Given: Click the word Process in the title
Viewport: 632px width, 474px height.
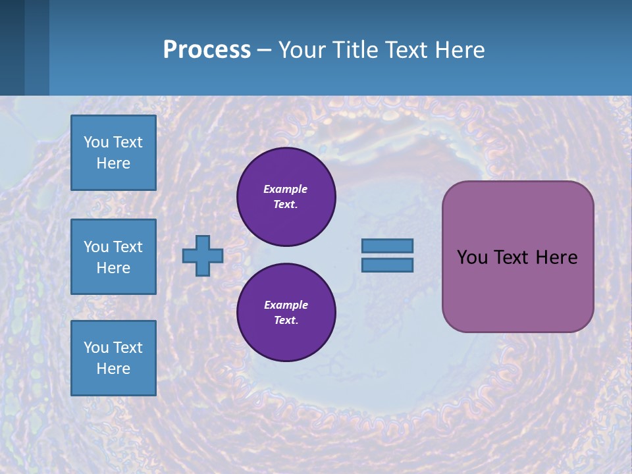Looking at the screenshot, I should pyautogui.click(x=207, y=49).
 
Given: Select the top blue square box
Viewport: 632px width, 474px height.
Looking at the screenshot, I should pyautogui.click(x=113, y=153).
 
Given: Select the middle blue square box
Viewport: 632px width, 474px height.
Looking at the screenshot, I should pyautogui.click(x=113, y=257).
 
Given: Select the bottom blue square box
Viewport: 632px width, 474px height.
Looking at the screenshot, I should pyautogui.click(x=113, y=358).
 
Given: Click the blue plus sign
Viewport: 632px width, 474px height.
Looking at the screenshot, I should pyautogui.click(x=203, y=255).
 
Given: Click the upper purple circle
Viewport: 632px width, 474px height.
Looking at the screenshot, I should pyautogui.click(x=286, y=197).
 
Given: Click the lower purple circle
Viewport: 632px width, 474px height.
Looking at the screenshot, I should pyautogui.click(x=286, y=312).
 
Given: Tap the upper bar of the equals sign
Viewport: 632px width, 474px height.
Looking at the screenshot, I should pyautogui.click(x=387, y=246).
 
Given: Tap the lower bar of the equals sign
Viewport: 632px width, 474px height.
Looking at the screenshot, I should pyautogui.click(x=387, y=265).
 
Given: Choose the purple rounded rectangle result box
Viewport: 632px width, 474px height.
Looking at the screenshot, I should pyautogui.click(x=517, y=290).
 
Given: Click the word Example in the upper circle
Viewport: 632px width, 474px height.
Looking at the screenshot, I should pyautogui.click(x=286, y=189).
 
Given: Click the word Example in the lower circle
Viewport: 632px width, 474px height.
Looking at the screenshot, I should pyautogui.click(x=286, y=305).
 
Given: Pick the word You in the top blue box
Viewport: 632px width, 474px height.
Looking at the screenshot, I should pyautogui.click(x=96, y=142).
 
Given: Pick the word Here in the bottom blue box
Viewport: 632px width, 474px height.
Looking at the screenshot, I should pyautogui.click(x=113, y=369).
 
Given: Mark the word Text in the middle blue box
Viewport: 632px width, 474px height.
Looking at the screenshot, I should pyautogui.click(x=128, y=247).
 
